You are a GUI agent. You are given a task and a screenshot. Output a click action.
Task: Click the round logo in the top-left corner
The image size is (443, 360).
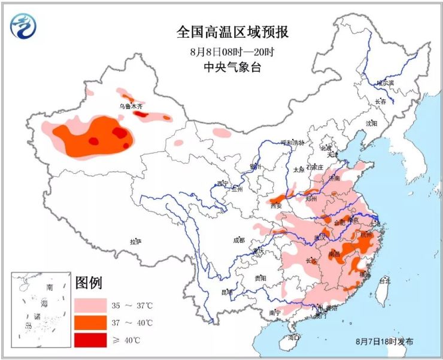23,25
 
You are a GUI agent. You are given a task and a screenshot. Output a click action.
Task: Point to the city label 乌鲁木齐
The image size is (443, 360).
131,106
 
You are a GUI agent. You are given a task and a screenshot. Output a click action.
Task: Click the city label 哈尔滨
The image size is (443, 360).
385,83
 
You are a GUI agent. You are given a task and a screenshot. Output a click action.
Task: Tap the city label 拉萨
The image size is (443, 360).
135,241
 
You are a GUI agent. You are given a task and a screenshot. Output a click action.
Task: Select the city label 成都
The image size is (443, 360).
238,240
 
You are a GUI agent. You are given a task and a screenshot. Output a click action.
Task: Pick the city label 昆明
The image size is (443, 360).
227,292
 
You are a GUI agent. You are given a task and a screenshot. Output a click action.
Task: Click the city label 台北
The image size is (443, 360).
383,280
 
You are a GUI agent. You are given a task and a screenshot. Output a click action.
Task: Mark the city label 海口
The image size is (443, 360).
293,338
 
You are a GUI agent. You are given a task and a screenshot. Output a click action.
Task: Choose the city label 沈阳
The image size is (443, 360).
371,123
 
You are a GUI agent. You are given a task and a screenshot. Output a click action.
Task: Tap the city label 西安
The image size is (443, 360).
275,206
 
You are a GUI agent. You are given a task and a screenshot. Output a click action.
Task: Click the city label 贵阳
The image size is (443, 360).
260,278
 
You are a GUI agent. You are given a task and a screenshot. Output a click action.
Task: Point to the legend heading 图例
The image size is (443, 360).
89,282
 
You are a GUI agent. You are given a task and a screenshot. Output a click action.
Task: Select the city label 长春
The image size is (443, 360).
381,102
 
